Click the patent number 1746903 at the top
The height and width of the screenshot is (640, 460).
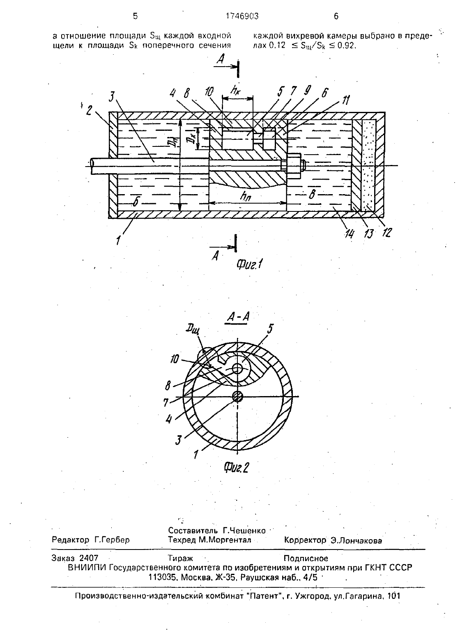242,16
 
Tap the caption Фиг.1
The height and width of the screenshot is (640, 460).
249,265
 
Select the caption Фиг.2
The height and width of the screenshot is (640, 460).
237,468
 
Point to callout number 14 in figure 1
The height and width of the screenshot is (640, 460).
349,234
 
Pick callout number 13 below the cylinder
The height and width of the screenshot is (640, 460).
368,234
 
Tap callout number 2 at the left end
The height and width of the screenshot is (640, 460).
89,110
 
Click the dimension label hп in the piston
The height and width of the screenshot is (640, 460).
246,196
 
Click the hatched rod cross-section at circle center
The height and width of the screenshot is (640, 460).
237,396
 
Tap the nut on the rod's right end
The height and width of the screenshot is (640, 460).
294,165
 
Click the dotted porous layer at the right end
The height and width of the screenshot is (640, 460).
369,165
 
